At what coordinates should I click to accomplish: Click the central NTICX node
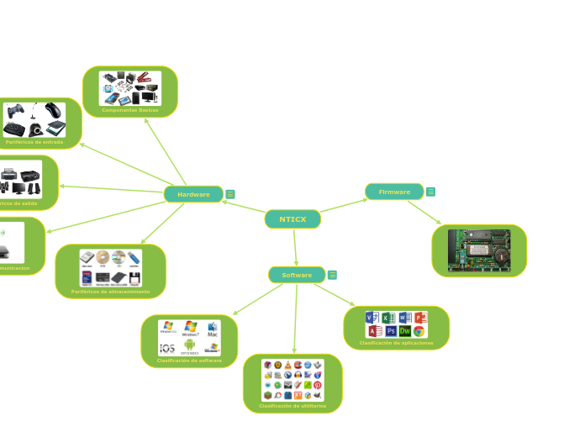point(292,219)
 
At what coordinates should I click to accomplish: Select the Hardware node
point(193,194)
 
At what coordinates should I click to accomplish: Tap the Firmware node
point(394,192)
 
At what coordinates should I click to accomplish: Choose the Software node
point(297,275)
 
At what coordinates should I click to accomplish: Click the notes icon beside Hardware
point(230,194)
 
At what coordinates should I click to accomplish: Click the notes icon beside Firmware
point(431,192)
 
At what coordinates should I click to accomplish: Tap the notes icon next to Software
point(333,275)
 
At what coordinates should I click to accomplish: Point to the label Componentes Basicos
point(130,110)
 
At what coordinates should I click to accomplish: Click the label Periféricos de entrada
point(34,142)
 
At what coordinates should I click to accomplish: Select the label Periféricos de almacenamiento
point(111,292)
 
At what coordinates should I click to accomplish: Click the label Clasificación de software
point(189,361)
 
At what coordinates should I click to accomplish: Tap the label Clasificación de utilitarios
point(292,406)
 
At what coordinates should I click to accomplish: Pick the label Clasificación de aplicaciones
point(397,343)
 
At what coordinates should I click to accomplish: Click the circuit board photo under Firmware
point(479,250)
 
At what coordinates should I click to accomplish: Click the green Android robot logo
point(190,345)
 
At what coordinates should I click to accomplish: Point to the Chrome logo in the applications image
point(419,331)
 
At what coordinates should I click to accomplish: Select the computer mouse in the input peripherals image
point(52,111)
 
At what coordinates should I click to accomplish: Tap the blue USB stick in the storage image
point(134,257)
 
